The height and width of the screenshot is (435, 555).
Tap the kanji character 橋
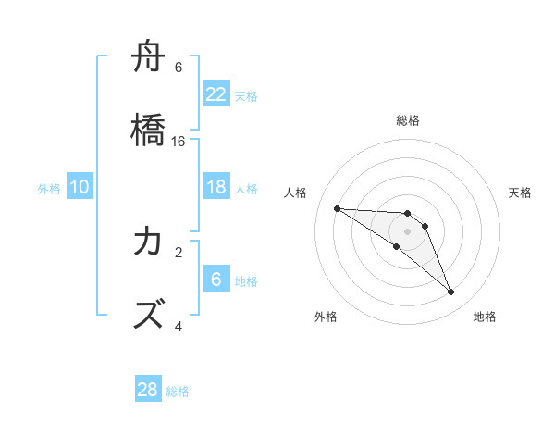point(149,131)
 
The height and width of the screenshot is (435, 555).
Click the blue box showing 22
point(216,93)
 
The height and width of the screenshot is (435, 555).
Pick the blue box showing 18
point(216,187)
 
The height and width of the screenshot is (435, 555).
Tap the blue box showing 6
point(216,280)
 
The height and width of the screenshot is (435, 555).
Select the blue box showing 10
point(80,187)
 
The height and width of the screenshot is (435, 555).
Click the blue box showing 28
point(148,390)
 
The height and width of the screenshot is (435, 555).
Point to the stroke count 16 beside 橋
point(179,142)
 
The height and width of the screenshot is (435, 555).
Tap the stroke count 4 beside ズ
point(179,326)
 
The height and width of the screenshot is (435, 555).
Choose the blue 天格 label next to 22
point(246,95)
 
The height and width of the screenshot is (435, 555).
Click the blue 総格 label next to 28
point(178,391)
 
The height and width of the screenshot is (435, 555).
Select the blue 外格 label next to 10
point(49,189)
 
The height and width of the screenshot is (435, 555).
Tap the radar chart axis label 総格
point(408,120)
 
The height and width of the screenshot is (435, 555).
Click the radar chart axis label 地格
point(485,317)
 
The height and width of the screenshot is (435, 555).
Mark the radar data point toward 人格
point(337,208)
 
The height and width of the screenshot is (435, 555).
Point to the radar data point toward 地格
point(451,292)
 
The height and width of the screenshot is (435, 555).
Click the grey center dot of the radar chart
point(407,231)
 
